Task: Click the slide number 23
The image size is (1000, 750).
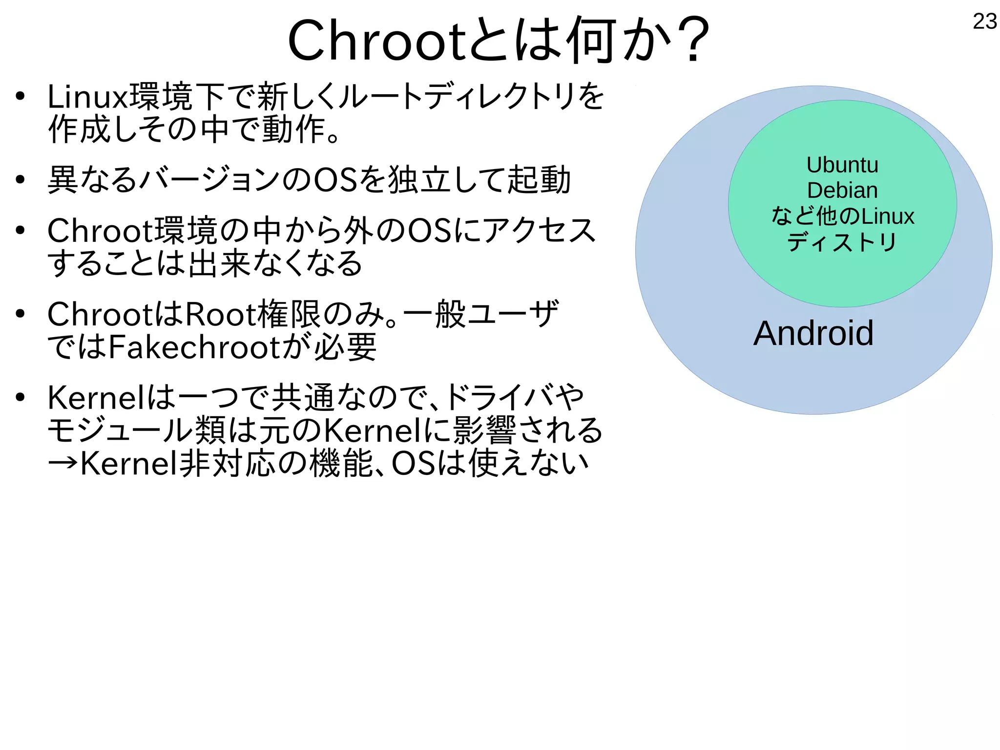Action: (x=984, y=21)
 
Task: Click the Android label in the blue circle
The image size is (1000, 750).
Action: (x=813, y=333)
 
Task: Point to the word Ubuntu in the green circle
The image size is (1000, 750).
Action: (x=842, y=165)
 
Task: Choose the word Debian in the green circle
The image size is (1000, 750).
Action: (x=842, y=191)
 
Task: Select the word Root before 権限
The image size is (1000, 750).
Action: (x=220, y=314)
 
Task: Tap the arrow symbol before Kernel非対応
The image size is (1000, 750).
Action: (x=62, y=463)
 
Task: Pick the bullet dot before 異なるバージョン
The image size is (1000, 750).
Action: (x=20, y=180)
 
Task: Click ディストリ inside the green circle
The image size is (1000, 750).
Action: (x=842, y=242)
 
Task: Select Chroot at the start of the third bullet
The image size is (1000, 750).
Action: (x=101, y=231)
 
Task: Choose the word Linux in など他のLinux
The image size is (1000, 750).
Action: (x=887, y=216)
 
